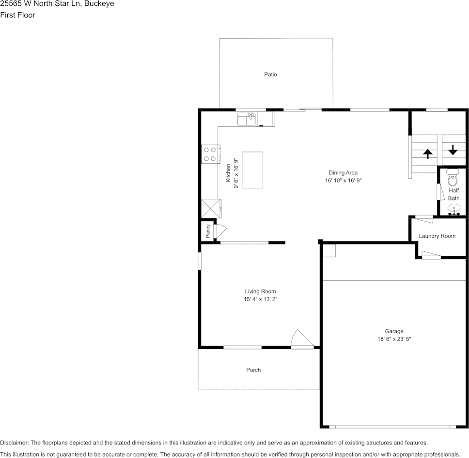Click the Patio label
pos(270,75)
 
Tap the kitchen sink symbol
pos(247,119)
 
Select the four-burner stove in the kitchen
pos(209,154)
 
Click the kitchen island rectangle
pos(252,170)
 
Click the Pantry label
pos(208,231)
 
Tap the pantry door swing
pos(219,231)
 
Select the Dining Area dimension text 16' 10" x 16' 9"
pos(343,181)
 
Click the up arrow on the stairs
pos(428,154)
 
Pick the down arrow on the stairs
pos(453,150)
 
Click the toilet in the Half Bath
pos(453,179)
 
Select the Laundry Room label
pos(437,236)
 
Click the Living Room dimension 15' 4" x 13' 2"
pos(260,299)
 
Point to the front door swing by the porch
pos(301,339)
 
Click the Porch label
pos(253,370)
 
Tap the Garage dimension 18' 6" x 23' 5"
pos(394,339)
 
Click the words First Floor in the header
pos(17,15)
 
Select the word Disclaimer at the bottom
pos(14,443)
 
